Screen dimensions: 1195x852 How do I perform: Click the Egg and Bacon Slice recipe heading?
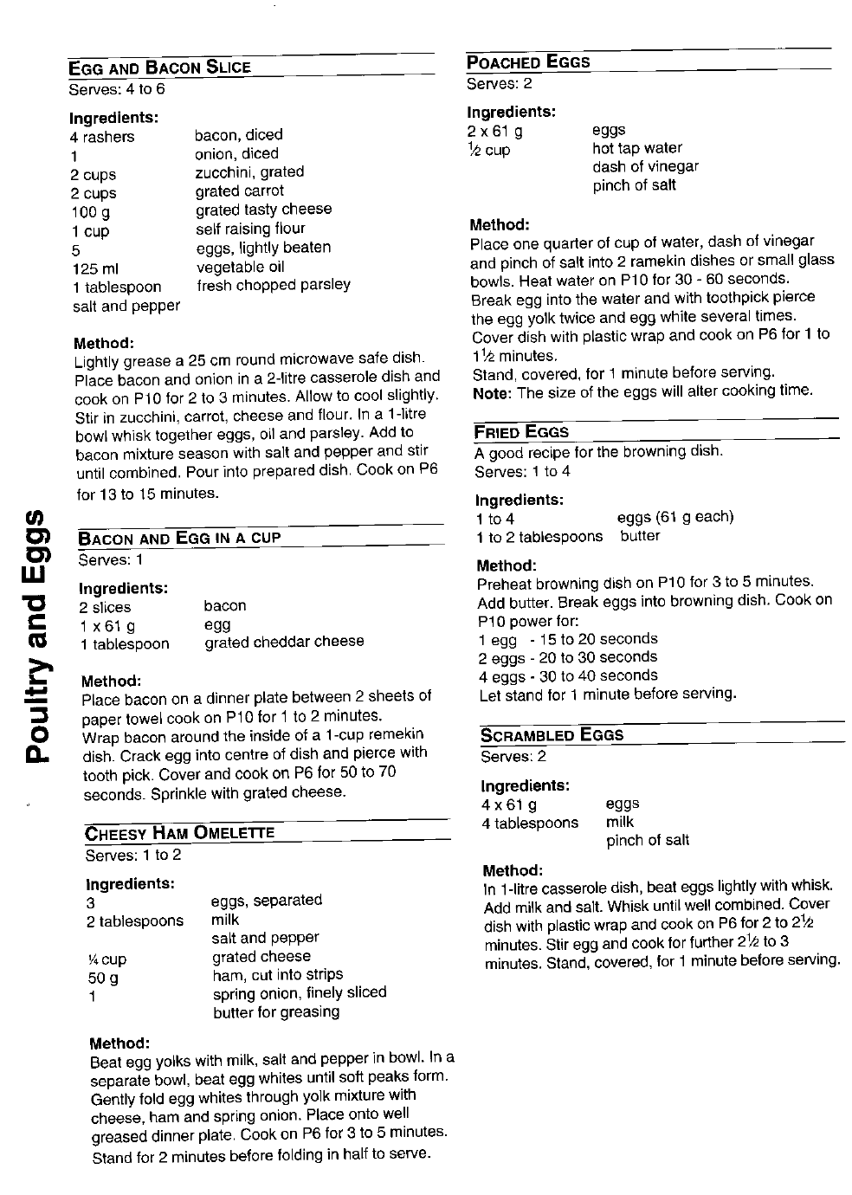160,68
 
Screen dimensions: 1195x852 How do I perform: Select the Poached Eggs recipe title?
528,62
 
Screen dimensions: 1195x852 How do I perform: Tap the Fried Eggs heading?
521,432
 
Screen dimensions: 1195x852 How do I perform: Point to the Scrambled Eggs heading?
552,735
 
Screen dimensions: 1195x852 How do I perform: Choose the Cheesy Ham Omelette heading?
179,833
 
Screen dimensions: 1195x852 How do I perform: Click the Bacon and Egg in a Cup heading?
179,538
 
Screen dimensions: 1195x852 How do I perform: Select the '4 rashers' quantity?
103,137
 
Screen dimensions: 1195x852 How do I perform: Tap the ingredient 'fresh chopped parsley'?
274,285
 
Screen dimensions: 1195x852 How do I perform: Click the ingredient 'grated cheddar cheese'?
284,642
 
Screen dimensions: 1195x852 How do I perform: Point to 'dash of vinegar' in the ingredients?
645,166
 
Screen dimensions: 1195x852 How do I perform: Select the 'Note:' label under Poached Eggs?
493,392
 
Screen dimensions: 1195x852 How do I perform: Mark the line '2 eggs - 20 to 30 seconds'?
568,657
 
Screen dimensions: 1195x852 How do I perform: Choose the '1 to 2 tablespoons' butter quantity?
539,537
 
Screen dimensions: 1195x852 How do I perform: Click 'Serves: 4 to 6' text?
117,89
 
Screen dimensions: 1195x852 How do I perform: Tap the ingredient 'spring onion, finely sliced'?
299,992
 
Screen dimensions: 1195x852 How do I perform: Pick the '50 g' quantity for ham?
102,978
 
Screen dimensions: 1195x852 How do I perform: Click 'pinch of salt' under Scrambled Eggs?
648,840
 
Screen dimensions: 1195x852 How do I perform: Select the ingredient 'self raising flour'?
250,229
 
